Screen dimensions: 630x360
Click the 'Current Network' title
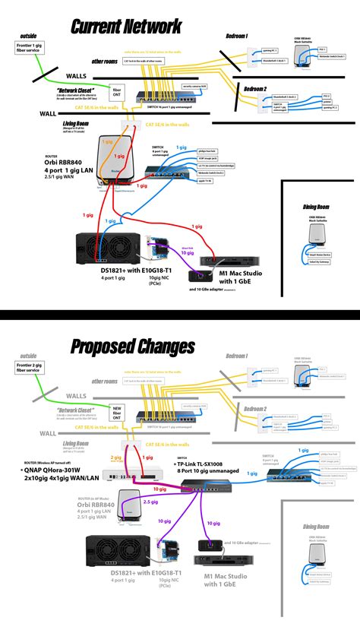tap(126, 27)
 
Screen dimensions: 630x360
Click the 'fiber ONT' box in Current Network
tap(117, 93)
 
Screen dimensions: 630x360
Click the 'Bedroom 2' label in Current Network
tap(255, 90)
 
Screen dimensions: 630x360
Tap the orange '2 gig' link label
tap(115, 458)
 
